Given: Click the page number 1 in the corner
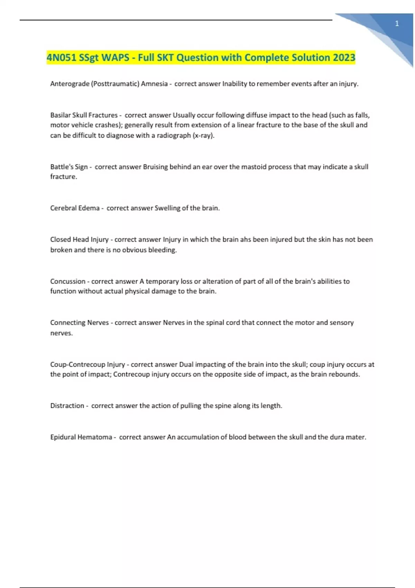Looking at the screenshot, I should click(397, 24).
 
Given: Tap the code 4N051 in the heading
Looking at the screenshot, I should click(61, 57).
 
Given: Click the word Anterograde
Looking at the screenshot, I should click(70, 84).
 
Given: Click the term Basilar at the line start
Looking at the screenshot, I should click(60, 115).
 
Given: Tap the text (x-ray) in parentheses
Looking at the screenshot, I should click(203, 135).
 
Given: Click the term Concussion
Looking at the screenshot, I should click(68, 281).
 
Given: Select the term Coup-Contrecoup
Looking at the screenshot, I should click(77, 364).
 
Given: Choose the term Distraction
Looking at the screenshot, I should click(67, 405).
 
